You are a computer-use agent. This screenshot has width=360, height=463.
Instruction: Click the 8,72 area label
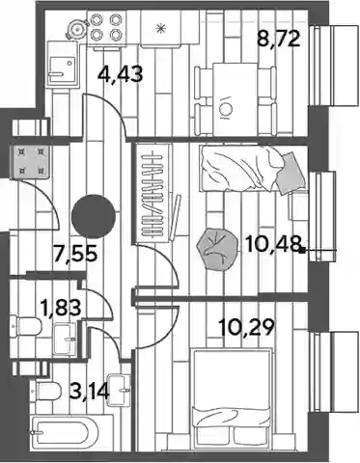pyautogui.click(x=279, y=39)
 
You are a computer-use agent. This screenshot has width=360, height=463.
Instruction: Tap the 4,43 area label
pyautogui.click(x=121, y=74)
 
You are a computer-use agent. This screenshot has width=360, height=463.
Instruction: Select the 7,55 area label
pyautogui.click(x=75, y=253)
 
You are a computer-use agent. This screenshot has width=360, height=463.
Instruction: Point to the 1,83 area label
pyautogui.click(x=61, y=307)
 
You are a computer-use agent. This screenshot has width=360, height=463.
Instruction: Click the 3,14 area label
pyautogui.click(x=90, y=392)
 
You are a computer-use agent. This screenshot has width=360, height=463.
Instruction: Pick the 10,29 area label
pyautogui.click(x=247, y=327)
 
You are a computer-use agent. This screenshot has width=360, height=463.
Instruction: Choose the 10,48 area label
pyautogui.click(x=273, y=244)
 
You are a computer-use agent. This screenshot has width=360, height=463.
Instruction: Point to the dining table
pyautogui.click(x=235, y=99)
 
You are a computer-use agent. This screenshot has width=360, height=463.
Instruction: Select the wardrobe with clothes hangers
pyautogui.click(x=153, y=193)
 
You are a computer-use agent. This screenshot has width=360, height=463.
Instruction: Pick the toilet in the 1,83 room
pyautogui.click(x=26, y=326)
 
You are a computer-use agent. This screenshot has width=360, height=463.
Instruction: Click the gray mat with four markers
pyautogui.click(x=31, y=161)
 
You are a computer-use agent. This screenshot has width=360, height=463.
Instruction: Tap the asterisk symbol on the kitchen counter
pyautogui.click(x=160, y=28)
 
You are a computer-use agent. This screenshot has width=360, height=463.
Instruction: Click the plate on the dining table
pyautogui.click(x=224, y=109)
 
